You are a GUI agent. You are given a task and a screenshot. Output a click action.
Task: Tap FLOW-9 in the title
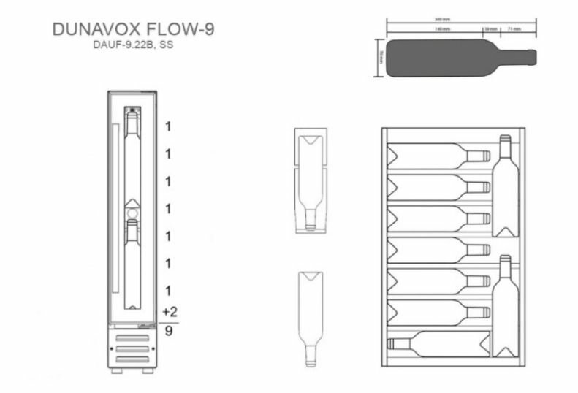pos(186,28)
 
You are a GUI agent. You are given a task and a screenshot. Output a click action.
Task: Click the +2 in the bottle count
pos(170,311)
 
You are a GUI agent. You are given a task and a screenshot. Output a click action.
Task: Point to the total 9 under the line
pos(170,330)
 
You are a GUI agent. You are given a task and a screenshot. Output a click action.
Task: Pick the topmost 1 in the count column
pos(168,126)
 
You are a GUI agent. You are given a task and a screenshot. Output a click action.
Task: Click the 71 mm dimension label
pos(513,29)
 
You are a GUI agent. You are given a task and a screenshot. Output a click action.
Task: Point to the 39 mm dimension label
pos(490,29)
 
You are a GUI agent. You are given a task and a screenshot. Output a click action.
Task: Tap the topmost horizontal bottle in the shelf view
pos(438,155)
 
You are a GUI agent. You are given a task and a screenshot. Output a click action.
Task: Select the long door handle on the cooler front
pos(115,216)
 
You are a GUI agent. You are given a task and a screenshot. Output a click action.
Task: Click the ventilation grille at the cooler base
pos(132,348)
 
